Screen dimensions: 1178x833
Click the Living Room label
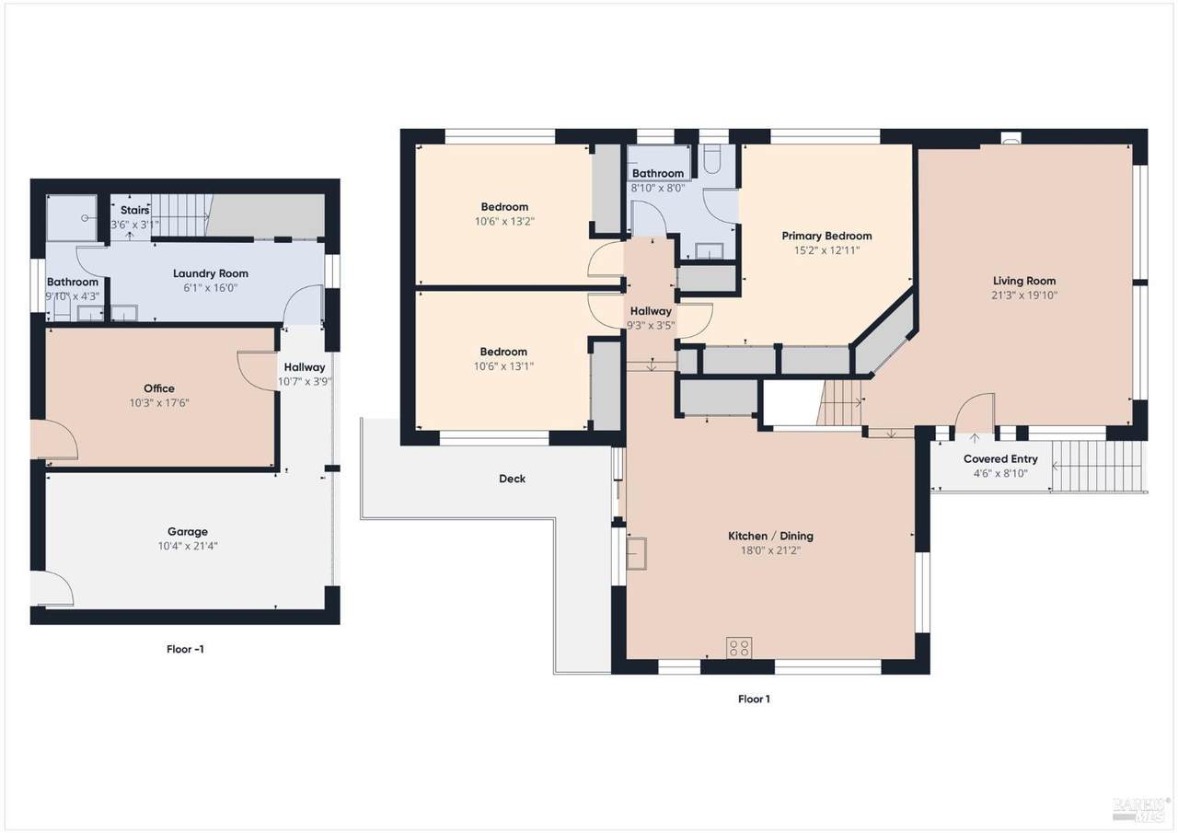point(1024,281)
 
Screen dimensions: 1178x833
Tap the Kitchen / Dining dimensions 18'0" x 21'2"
point(770,550)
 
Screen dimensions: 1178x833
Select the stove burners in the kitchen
point(739,647)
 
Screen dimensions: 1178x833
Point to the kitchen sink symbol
point(636,553)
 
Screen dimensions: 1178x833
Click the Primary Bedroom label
point(826,236)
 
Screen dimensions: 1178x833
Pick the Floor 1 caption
point(754,699)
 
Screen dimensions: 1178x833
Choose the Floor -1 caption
point(185,649)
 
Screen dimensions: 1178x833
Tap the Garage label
point(188,532)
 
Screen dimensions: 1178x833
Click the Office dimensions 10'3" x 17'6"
point(159,403)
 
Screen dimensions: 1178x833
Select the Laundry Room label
point(211,273)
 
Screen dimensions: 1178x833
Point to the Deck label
point(513,479)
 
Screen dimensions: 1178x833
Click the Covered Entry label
point(1000,459)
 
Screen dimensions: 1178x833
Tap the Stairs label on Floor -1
point(134,210)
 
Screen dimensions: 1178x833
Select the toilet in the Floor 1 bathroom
point(712,159)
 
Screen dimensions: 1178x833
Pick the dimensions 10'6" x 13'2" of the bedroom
point(504,222)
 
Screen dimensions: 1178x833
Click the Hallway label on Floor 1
point(651,311)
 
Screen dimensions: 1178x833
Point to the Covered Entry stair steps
point(1099,467)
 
